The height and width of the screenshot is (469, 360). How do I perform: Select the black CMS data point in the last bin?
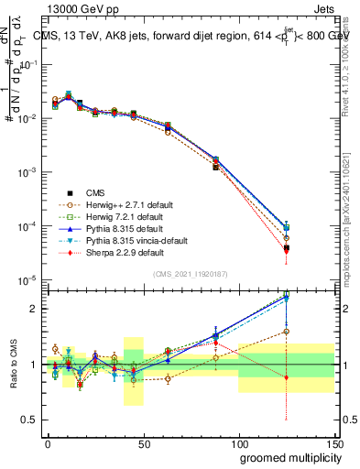point(287,247)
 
